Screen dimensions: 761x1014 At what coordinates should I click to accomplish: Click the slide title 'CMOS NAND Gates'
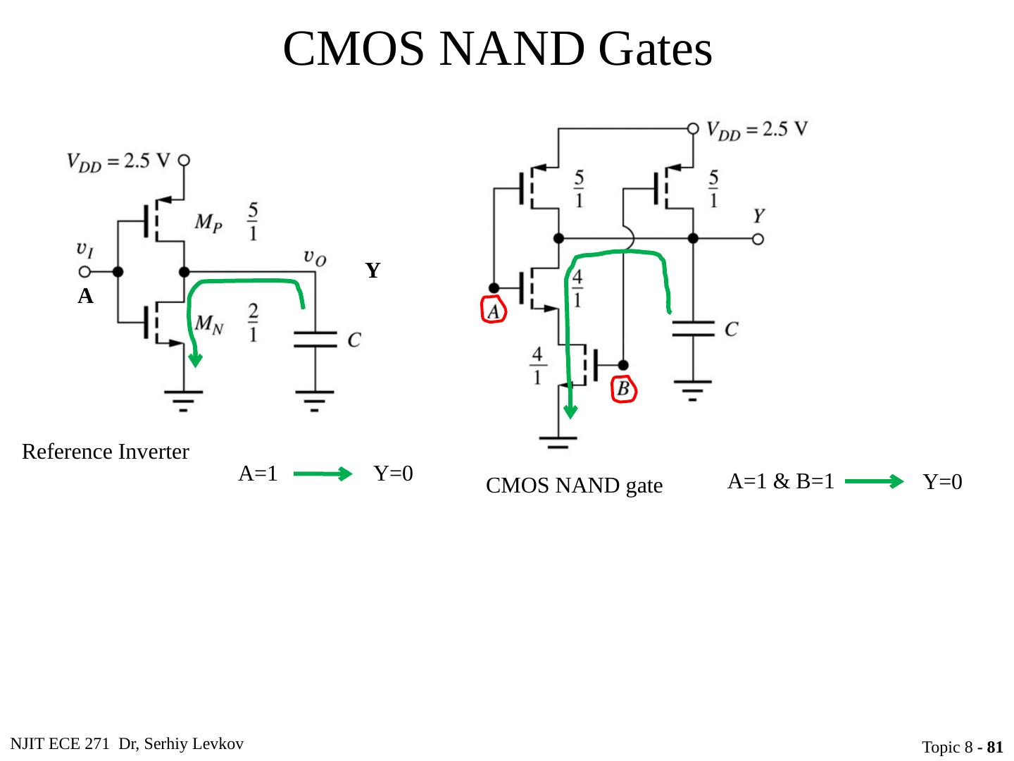tap(497, 49)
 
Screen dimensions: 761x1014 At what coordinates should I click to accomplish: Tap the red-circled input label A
tap(494, 310)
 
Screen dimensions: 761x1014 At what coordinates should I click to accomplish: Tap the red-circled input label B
tap(624, 389)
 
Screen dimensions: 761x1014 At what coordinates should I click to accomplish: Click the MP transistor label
tap(211, 223)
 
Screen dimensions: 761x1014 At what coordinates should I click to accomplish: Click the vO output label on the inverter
tap(314, 257)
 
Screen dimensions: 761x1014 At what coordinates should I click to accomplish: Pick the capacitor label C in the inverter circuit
tap(354, 340)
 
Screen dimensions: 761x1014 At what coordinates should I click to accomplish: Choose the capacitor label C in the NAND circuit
tap(732, 329)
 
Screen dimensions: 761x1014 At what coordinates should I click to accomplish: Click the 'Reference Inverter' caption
tap(106, 452)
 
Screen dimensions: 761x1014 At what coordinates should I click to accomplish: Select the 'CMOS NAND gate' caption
tap(574, 486)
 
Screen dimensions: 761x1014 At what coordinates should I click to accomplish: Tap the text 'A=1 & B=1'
tap(780, 481)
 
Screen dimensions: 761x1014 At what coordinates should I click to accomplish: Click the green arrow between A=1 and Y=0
tap(323, 474)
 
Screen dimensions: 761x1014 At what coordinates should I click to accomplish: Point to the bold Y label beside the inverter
tap(373, 271)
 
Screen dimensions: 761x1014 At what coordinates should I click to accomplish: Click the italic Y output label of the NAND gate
tap(760, 215)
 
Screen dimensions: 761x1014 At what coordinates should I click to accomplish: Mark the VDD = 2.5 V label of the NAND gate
tap(757, 130)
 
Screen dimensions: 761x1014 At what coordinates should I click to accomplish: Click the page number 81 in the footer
tap(995, 747)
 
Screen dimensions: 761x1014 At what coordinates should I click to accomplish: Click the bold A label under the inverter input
tap(85, 297)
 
